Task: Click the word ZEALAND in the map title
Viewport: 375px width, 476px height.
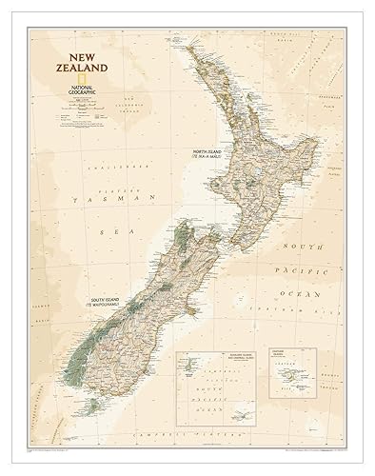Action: click(80, 69)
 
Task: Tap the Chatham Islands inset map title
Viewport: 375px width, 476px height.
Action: click(286, 359)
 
